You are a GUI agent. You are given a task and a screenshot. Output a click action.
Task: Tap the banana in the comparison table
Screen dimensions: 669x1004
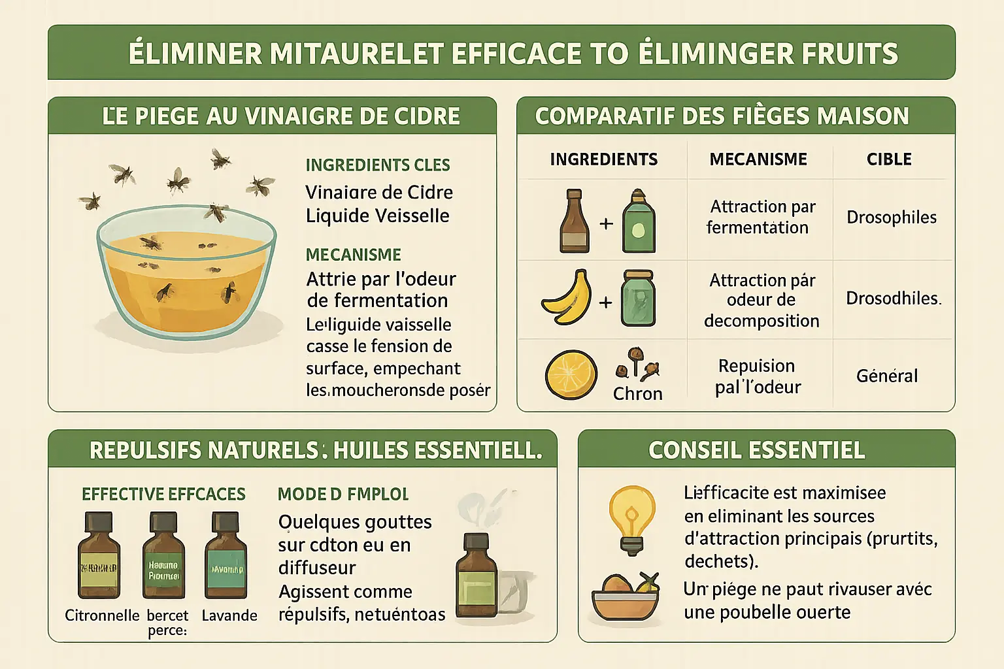click(566, 298)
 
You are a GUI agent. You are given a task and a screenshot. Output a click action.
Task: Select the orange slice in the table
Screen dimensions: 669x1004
click(571, 374)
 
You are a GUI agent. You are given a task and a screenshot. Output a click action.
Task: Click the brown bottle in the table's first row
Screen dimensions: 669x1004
click(574, 221)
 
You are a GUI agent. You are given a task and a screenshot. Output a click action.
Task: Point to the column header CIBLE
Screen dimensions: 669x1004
click(889, 159)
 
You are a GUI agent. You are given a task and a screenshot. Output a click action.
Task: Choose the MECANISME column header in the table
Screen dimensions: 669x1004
click(758, 159)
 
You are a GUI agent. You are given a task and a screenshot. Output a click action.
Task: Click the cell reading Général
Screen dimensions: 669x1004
click(887, 376)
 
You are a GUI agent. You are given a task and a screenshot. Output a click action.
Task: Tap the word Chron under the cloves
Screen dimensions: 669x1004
click(637, 393)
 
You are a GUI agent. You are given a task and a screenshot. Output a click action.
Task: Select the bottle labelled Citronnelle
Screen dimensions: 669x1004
click(99, 557)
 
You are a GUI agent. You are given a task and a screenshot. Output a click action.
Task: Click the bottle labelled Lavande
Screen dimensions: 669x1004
click(226, 557)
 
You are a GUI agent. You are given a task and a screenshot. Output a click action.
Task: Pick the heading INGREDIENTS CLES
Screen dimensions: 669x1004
click(378, 165)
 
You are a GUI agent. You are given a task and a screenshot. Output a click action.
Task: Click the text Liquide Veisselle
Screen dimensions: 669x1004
click(377, 216)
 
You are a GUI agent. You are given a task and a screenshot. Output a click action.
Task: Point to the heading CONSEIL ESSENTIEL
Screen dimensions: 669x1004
click(756, 450)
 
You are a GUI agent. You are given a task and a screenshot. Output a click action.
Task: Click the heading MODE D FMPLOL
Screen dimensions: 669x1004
click(343, 494)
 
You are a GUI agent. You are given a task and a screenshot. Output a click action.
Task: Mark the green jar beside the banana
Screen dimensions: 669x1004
click(637, 299)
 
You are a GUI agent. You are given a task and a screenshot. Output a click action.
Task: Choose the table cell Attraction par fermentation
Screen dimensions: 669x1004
click(760, 217)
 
